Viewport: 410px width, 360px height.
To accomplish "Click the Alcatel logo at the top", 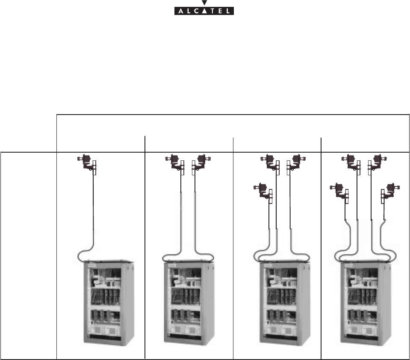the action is (x=202, y=11).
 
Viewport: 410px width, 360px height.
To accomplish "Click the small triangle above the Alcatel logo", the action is (x=202, y=3).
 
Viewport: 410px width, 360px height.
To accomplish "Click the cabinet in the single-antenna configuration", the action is (x=108, y=303).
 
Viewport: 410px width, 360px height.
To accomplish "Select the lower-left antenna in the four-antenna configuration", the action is (x=341, y=192).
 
